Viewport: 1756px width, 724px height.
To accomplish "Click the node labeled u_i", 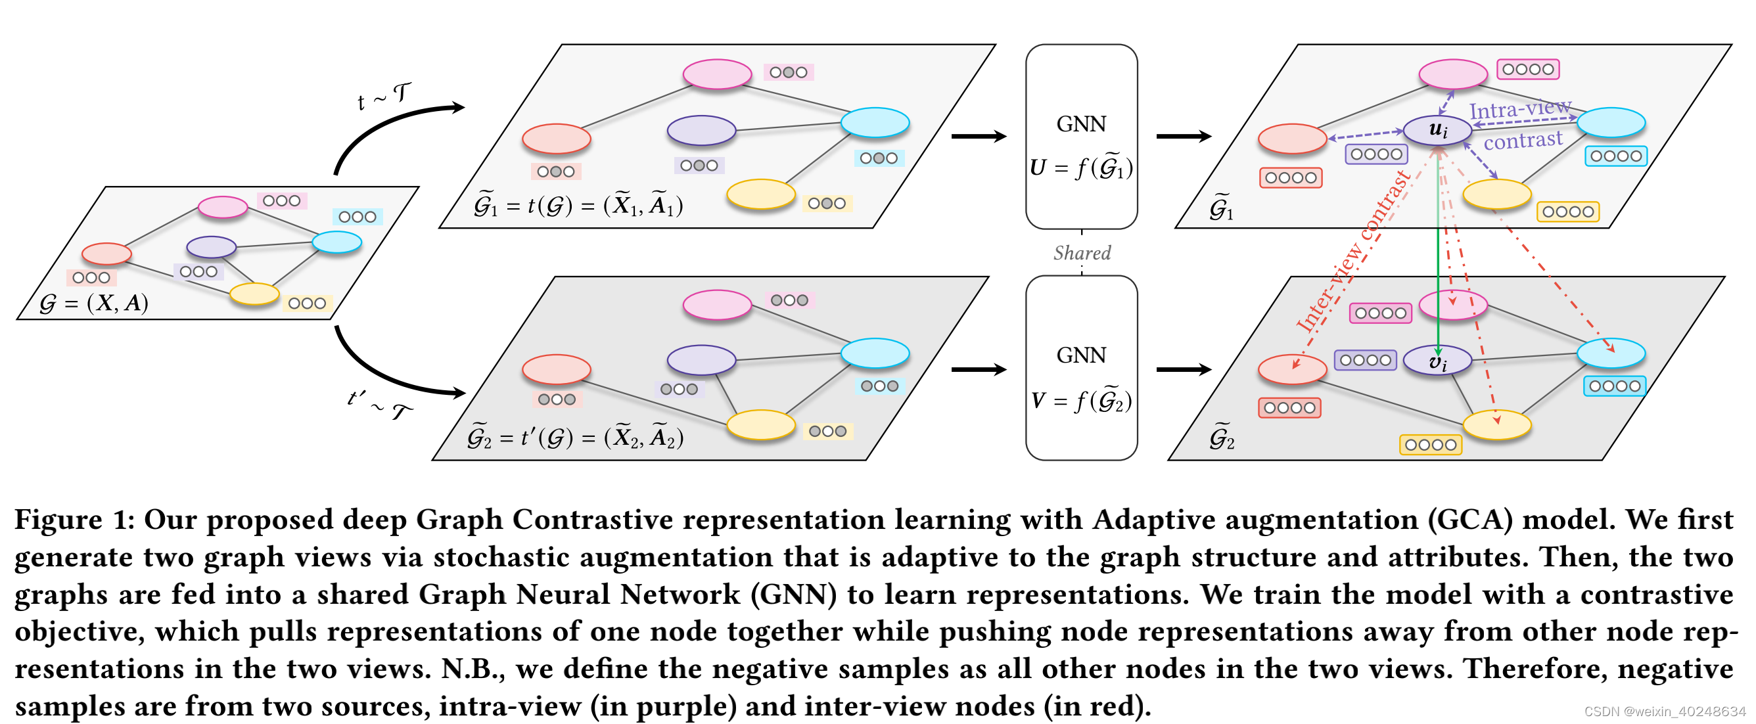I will [1437, 130].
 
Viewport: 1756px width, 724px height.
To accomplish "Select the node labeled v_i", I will [1437, 361].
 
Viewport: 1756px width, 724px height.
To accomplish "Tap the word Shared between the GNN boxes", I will [1081, 253].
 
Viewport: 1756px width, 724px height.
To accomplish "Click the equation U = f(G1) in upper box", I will [1081, 168].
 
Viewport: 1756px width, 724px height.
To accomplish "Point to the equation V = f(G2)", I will [1081, 401].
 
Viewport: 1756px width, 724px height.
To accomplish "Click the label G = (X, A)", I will [94, 303].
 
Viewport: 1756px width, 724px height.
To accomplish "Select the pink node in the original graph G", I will [223, 207].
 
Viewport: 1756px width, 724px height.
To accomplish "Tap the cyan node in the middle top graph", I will [875, 123].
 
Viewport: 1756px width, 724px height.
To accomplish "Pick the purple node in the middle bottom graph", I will [701, 360].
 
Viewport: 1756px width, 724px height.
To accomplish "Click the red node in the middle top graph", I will [556, 139].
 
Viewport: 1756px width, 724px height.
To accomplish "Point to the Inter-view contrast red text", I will [1353, 252].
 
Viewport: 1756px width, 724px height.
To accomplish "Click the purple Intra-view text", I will [1519, 109].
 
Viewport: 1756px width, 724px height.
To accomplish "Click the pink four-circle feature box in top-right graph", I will [1528, 70].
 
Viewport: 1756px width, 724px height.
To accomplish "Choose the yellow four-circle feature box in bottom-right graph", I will [1430, 445].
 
